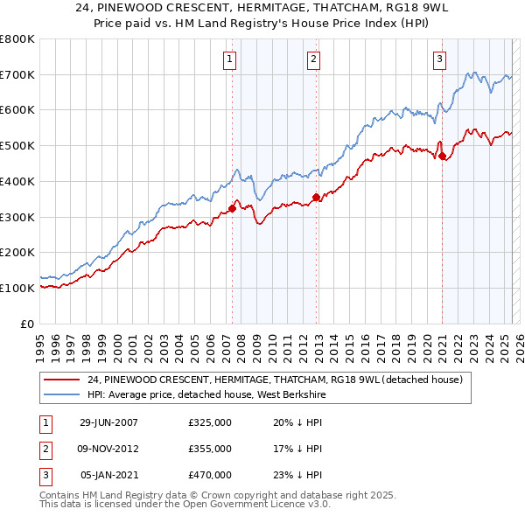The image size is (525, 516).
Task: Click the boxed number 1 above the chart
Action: pos(229,59)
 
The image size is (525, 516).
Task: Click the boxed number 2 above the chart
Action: pos(312,59)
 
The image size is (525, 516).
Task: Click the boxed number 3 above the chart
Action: pos(439,59)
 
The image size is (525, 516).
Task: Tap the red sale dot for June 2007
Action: pos(232,208)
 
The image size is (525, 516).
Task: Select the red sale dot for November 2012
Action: pos(315,198)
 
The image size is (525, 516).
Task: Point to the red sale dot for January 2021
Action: pos(442,157)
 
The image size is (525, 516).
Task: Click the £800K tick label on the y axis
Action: pos(17,39)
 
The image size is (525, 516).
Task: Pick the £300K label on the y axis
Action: pos(17,217)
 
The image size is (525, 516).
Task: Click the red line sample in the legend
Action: pos(62,380)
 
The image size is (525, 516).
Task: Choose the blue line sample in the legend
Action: pos(62,394)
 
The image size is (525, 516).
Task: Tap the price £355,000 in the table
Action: pos(209,450)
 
